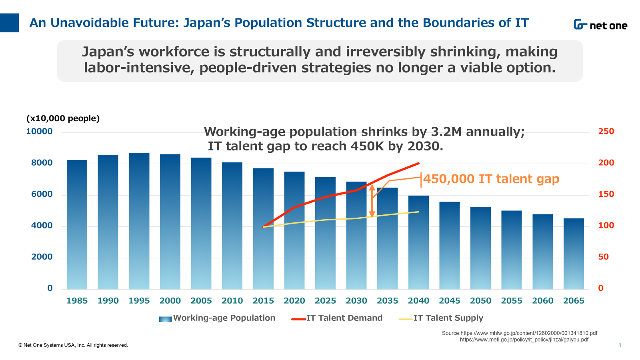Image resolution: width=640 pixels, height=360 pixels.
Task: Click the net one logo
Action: pos(600,25)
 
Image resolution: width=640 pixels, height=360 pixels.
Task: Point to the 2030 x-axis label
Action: pos(356,301)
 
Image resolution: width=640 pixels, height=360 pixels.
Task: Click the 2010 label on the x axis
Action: pos(232,301)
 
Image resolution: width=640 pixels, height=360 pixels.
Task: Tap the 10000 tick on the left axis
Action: pos(39,132)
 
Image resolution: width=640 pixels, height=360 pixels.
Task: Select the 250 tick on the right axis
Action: pos(606,132)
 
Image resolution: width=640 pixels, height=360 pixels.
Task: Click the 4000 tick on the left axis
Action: pos(42,226)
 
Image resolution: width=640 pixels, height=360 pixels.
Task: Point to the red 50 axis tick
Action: pos(603,257)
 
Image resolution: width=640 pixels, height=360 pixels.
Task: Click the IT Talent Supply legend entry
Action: pos(442,318)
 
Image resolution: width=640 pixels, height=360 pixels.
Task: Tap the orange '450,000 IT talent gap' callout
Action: pos(491,179)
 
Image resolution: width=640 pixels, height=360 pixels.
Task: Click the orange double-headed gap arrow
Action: pos(372,201)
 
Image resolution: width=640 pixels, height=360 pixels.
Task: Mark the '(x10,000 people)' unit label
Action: pos(63,118)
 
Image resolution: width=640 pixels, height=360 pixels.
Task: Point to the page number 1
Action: pos(620,345)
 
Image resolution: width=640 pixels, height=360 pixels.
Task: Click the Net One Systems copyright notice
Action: pos(73,345)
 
